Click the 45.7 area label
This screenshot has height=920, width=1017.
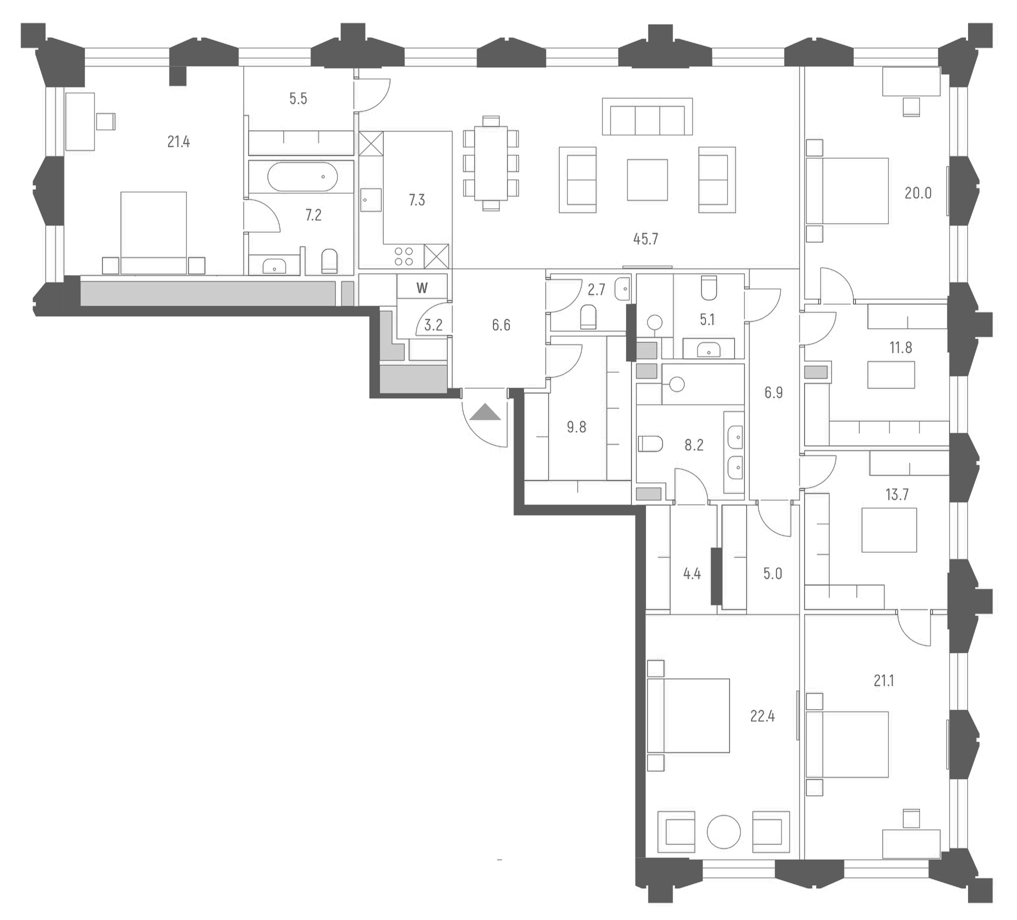tap(645, 239)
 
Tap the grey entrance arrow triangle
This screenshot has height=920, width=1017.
tap(485, 412)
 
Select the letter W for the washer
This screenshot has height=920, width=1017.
tap(421, 288)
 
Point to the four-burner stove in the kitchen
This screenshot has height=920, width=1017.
tap(403, 255)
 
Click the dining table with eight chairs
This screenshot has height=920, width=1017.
tap(491, 163)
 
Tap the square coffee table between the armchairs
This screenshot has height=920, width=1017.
tap(647, 180)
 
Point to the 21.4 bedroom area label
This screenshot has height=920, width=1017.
tap(178, 142)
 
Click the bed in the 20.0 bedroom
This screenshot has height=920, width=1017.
tap(847, 190)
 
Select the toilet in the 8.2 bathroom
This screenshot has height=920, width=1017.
tap(650, 444)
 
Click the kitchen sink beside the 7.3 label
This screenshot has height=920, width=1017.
tap(371, 199)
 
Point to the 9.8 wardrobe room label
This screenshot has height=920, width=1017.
tap(576, 427)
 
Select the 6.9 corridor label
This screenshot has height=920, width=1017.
tap(773, 392)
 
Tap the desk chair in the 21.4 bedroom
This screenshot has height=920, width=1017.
tap(105, 121)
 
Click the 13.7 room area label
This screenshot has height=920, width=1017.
tap(896, 494)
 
